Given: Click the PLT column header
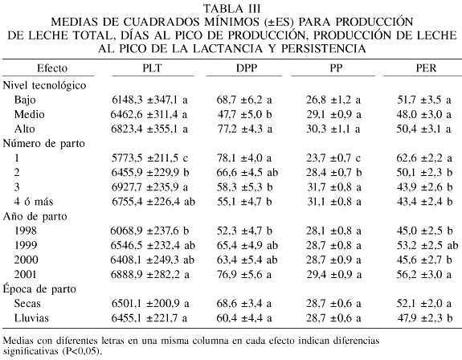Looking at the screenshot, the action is point(153,68).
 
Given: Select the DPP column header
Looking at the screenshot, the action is point(247,68).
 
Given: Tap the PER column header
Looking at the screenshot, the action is point(426,68).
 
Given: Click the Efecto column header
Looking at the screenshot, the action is point(52,68).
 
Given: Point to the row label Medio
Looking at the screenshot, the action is point(30,114).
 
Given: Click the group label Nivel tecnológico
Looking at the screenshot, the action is point(44,85).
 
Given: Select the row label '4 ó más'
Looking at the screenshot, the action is point(34,202).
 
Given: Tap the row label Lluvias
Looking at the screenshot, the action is point(31,318).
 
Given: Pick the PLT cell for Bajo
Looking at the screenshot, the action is point(149,100).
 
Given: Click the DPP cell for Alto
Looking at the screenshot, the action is point(244,129).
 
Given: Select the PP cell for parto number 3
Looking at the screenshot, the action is point(333,187).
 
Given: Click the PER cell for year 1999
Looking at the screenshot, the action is point(427,245).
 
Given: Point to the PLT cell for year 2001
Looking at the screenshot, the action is point(150,275).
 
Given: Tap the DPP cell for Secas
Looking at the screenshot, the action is point(244,304).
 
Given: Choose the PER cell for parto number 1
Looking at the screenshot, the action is point(424,158).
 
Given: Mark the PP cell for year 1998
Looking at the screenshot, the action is point(333,231).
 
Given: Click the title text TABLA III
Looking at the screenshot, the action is point(232,9).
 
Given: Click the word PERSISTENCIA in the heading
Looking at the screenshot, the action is point(324,48).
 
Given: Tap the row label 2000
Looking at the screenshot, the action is point(27,260).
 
